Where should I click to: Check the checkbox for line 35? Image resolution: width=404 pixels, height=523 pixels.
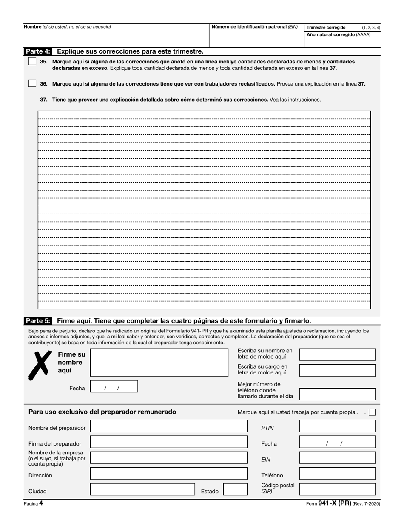(32, 61)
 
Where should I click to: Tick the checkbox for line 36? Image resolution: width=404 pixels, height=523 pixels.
(32, 83)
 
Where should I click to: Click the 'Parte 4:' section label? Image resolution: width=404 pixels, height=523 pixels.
(38, 51)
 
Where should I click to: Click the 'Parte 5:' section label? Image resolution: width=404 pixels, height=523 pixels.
(38, 321)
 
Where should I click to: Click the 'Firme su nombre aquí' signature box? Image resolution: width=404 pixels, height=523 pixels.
(159, 363)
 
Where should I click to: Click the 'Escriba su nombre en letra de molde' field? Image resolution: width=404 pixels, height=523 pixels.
(337, 354)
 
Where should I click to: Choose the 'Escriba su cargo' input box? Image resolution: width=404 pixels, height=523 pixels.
(337, 370)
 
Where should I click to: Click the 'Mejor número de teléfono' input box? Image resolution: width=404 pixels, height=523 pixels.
(337, 394)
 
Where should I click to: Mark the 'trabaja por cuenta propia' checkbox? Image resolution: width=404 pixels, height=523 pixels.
(373, 412)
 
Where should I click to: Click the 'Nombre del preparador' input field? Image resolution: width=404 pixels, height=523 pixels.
(168, 426)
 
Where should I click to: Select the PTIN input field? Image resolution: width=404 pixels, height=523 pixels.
(337, 426)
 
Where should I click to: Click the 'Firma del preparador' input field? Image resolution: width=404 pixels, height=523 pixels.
(168, 442)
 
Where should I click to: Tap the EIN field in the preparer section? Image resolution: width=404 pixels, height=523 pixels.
(337, 458)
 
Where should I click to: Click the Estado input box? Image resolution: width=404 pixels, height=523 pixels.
(235, 489)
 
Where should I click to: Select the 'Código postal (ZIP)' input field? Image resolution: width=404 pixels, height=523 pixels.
(337, 489)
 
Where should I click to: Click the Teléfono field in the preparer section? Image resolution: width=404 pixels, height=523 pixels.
(337, 474)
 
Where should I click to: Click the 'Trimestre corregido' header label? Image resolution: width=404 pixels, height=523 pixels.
(326, 27)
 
